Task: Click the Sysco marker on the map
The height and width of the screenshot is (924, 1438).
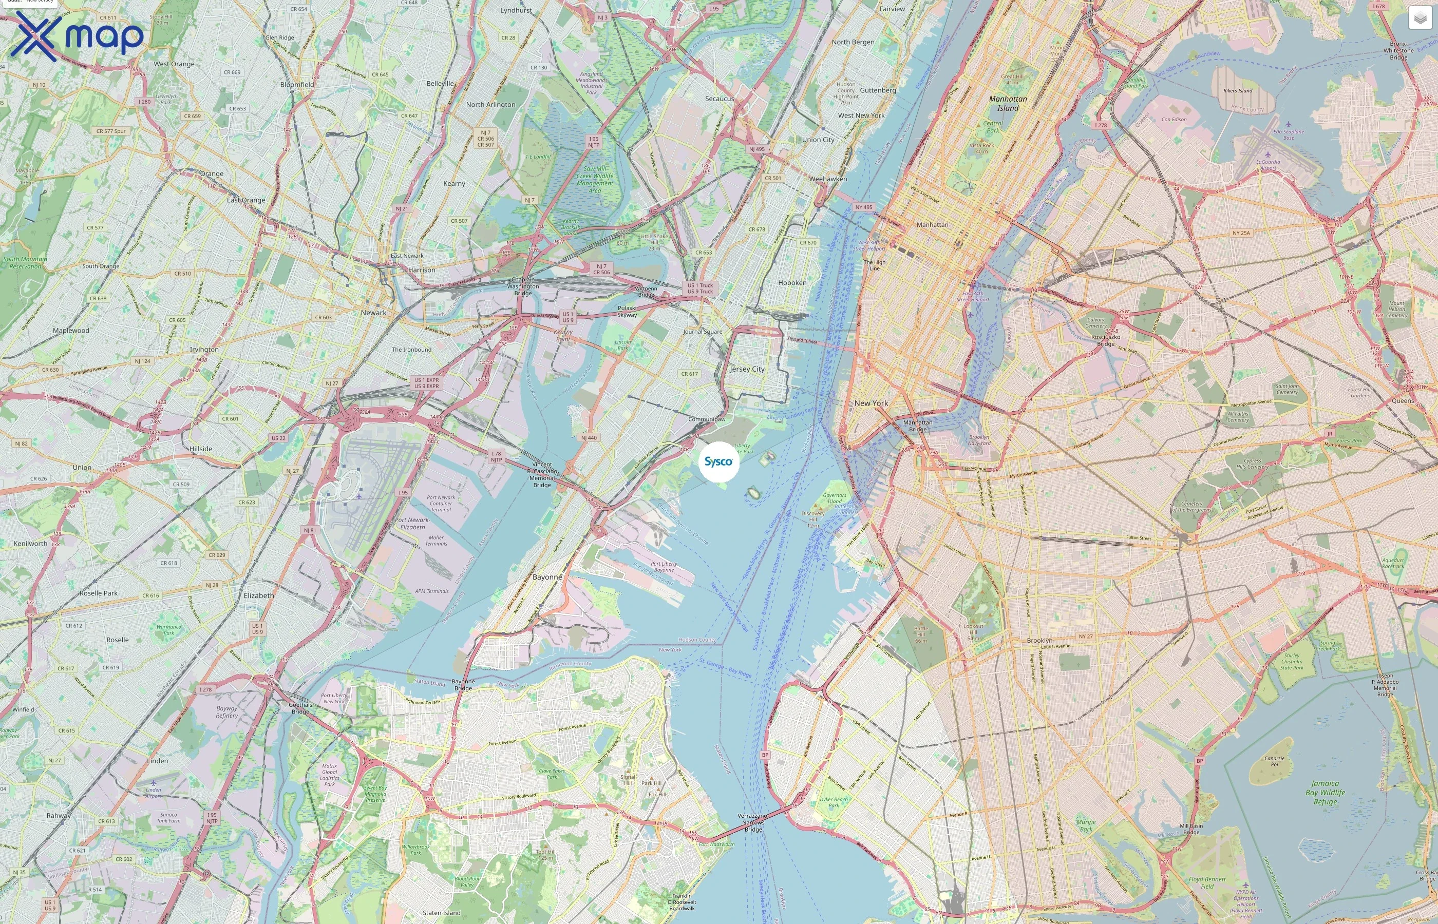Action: pos(718,461)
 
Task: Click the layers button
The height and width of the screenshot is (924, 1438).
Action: pos(1420,18)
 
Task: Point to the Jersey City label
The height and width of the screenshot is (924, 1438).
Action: pos(747,369)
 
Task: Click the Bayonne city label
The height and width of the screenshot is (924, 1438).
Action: pos(547,576)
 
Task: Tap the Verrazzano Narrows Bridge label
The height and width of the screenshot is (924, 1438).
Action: pos(752,822)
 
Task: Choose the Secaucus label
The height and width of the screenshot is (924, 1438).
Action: pos(719,99)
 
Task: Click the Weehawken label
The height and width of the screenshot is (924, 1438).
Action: pos(828,179)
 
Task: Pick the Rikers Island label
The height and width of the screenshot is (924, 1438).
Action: pos(1238,90)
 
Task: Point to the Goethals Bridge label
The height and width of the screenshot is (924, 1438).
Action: pos(300,708)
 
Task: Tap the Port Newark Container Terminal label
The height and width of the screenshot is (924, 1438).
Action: pos(441,503)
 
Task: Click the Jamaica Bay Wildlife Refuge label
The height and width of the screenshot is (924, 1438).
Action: pos(1325,792)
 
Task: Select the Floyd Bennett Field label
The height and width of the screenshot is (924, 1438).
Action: pos(1207,882)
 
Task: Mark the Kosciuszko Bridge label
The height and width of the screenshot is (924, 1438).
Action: pos(1106,340)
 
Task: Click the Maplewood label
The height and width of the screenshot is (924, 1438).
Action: pos(71,331)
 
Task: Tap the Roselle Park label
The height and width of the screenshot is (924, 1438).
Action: pos(99,593)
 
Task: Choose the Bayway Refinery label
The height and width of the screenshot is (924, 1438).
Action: pos(226,711)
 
